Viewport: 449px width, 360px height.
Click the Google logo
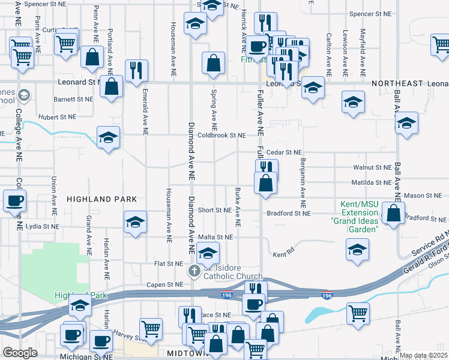click(20, 353)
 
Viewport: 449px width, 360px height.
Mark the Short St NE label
click(214, 210)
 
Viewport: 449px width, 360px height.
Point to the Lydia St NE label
click(42, 227)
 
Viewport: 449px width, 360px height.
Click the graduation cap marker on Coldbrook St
click(107, 137)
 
